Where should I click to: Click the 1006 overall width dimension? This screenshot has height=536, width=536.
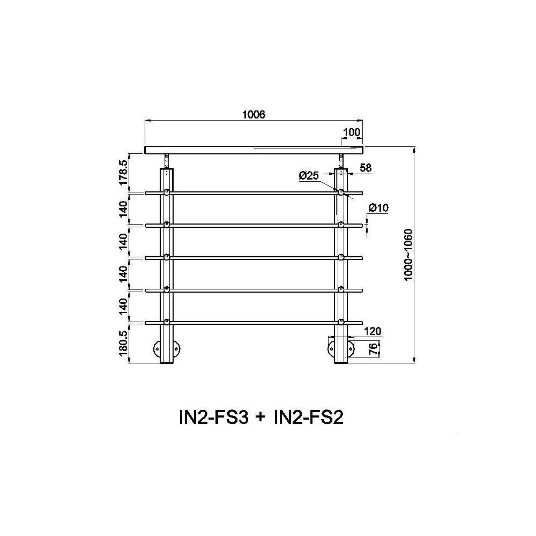[x=254, y=115]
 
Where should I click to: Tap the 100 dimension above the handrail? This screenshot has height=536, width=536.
[x=352, y=132]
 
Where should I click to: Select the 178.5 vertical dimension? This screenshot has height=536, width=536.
[x=123, y=173]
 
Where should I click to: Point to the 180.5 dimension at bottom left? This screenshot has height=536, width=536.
[x=123, y=343]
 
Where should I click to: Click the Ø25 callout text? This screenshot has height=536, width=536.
[x=309, y=176]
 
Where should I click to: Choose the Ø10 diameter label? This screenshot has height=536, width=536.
[x=378, y=207]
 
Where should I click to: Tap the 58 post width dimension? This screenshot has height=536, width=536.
[x=366, y=168]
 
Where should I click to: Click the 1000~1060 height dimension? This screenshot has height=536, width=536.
[x=408, y=255]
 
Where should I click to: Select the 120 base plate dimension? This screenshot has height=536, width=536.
[x=373, y=331]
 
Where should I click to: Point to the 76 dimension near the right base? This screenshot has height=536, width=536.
[x=374, y=348]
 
